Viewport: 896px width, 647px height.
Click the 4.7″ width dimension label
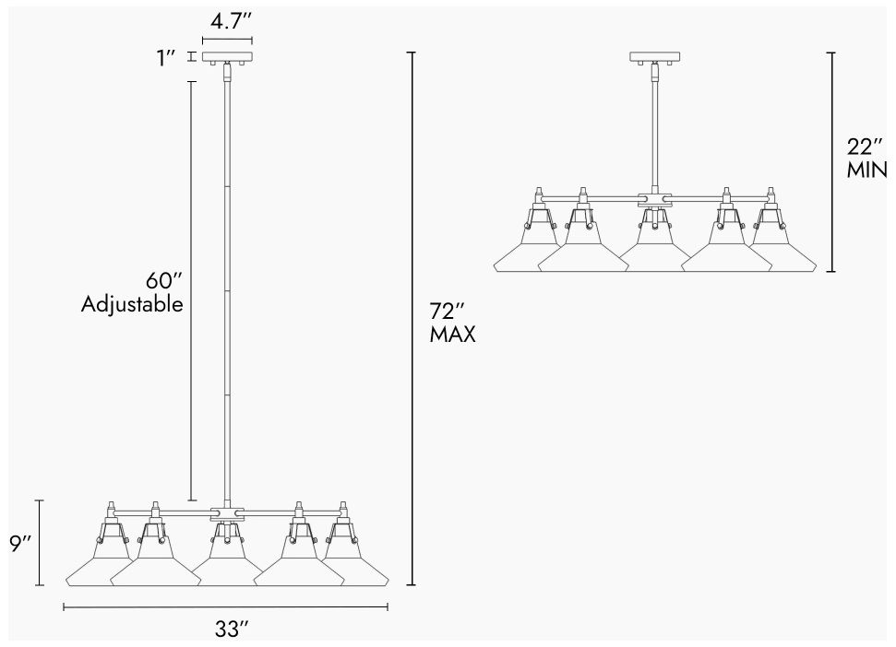tap(231, 22)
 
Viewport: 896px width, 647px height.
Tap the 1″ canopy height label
tap(166, 58)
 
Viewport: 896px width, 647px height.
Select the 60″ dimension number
tap(164, 281)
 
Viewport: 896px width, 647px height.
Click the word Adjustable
tap(132, 304)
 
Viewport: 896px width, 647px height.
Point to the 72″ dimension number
tap(447, 312)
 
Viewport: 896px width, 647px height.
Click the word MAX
tap(452, 335)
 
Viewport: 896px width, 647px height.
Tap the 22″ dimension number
tap(866, 147)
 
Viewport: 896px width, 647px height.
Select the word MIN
tap(866, 170)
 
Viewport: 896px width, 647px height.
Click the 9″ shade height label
tap(20, 544)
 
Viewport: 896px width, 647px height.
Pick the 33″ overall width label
tap(232, 629)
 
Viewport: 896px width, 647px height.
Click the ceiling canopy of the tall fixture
tap(227, 58)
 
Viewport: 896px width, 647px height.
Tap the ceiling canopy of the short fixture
tap(654, 57)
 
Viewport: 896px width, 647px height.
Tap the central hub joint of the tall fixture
tap(227, 513)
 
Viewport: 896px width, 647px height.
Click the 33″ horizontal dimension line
tap(226, 607)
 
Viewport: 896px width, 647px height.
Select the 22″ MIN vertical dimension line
tap(832, 162)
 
